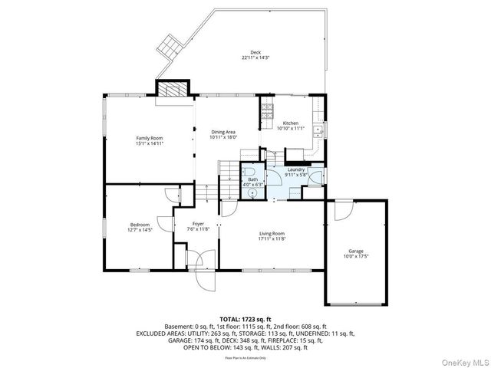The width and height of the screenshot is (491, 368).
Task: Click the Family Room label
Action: (150, 138)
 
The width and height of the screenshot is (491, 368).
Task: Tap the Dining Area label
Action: (224, 133)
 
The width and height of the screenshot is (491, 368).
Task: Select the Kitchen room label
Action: (290, 123)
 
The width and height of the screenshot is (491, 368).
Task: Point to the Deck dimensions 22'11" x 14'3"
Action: (255, 58)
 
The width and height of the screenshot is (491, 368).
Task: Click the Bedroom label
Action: (140, 224)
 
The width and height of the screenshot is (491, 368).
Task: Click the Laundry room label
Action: (296, 170)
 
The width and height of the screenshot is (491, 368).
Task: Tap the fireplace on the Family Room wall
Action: (170, 90)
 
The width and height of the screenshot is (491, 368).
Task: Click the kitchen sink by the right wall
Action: (324, 128)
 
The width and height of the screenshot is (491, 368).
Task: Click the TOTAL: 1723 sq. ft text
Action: (245, 319)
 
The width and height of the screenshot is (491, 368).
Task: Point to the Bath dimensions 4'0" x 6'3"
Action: (252, 184)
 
